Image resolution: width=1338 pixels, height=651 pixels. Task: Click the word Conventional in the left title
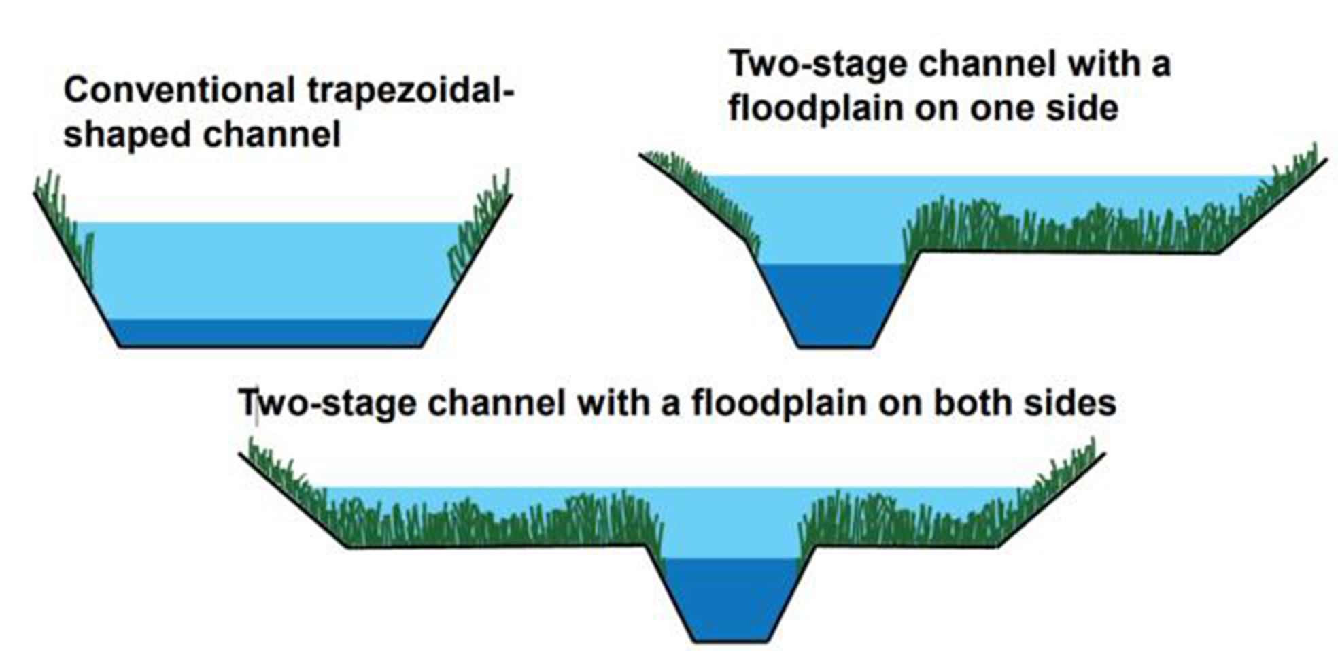tap(179, 90)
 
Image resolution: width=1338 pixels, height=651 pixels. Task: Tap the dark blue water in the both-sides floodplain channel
tap(730, 599)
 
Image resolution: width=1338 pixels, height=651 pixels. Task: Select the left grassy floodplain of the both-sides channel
tap(490, 524)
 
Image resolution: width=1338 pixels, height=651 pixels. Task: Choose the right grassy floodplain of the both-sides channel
tap(904, 524)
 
